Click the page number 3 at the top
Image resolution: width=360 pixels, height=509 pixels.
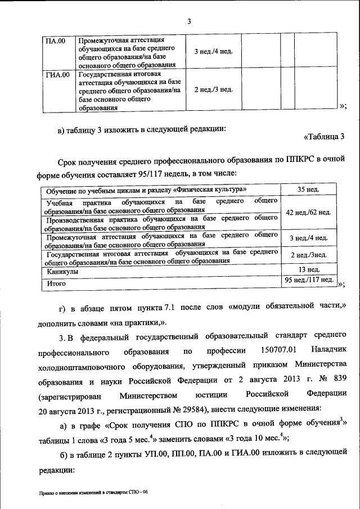(x=190, y=22)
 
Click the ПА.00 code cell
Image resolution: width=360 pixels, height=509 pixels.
(x=56, y=40)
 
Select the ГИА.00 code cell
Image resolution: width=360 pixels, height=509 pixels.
(x=57, y=74)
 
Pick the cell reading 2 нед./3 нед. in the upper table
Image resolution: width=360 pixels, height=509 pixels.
(x=209, y=89)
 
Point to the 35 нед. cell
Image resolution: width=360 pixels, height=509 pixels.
(x=308, y=190)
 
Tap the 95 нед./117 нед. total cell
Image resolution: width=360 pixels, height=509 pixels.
(x=309, y=280)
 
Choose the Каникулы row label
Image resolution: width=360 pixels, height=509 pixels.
(x=62, y=271)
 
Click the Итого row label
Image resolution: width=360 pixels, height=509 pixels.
(x=56, y=283)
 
